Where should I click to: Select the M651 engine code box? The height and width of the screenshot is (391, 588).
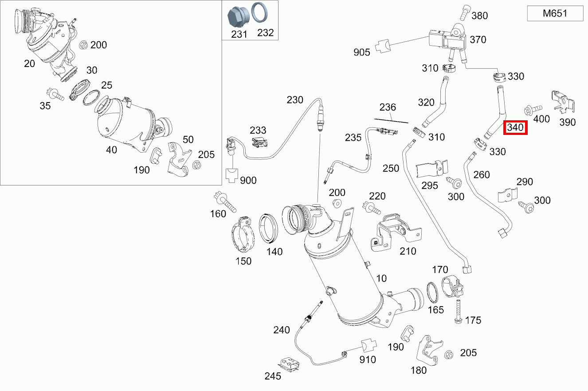click(x=555, y=14)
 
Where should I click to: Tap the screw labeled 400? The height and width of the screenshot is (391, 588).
click(x=532, y=108)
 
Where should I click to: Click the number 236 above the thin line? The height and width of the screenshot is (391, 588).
click(x=387, y=108)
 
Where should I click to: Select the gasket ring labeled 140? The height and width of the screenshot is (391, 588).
click(x=269, y=228)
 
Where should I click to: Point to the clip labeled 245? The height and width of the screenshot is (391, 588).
click(x=289, y=364)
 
